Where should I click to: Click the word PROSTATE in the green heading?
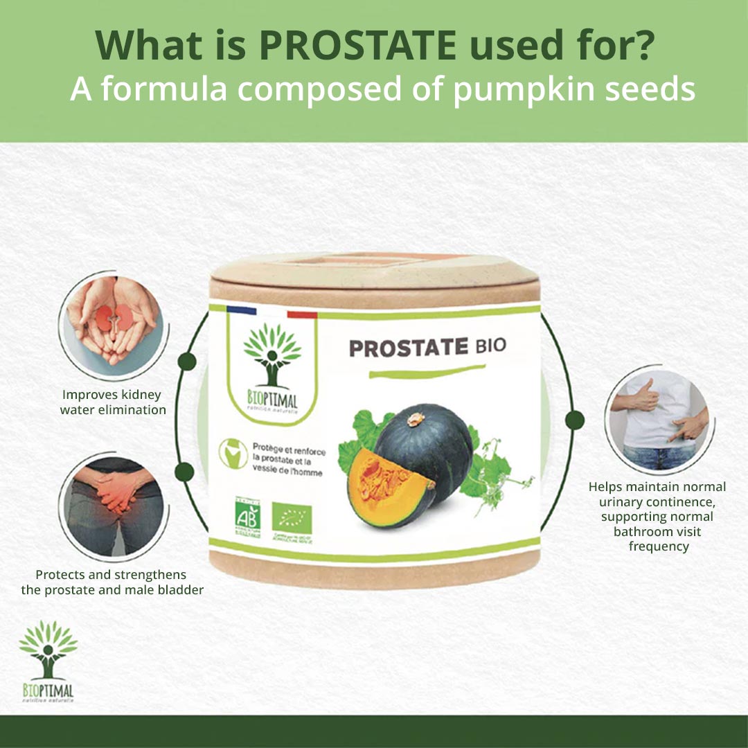tap(357, 46)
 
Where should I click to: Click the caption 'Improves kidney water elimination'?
tap(113, 402)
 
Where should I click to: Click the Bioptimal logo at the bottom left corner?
tap(47, 661)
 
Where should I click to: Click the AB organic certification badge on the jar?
tap(247, 518)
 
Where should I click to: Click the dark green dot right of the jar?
tap(574, 420)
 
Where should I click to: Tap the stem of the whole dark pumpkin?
tap(417, 419)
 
